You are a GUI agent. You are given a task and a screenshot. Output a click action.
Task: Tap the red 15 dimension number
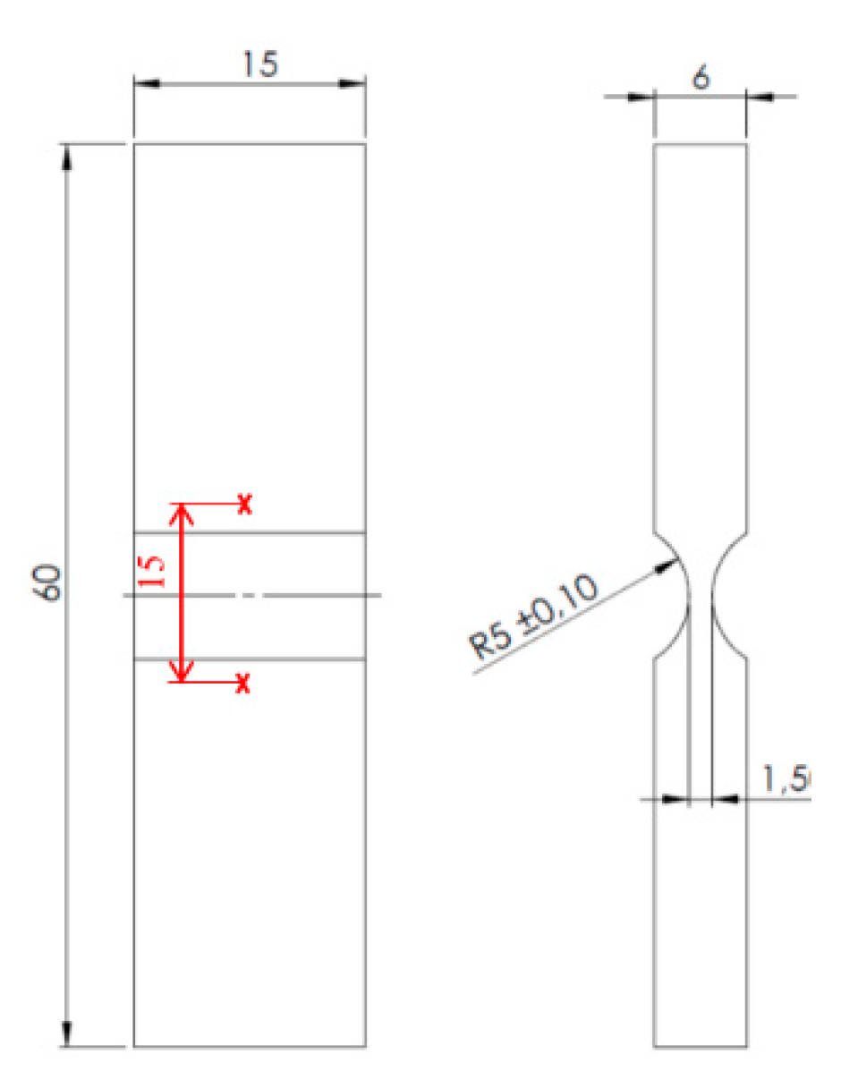[154, 570]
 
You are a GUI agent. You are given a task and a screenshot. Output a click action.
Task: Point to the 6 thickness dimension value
[701, 77]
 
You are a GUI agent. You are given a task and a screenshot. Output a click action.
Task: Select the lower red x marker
[242, 684]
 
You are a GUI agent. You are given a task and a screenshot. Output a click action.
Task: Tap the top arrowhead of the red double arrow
[183, 511]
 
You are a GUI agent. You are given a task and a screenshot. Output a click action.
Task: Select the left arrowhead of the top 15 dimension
[146, 84]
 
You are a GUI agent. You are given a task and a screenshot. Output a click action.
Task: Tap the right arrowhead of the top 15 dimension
[353, 84]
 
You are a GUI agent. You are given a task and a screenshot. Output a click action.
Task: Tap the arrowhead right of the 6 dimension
[759, 97]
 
